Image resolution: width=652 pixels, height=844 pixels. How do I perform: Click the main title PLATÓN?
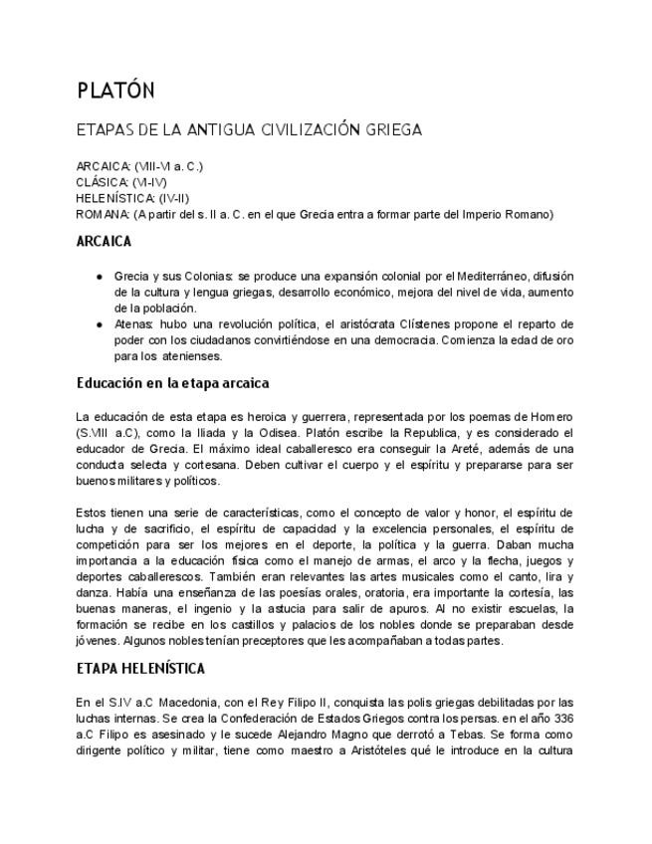(115, 91)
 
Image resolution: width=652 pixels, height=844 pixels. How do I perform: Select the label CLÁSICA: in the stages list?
(102, 182)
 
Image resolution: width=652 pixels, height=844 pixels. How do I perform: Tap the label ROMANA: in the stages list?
(103, 214)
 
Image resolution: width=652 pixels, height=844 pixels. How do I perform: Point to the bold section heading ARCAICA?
(105, 241)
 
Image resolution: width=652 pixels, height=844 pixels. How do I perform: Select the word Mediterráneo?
(468, 276)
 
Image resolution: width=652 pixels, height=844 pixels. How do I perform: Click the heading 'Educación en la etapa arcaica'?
(172, 383)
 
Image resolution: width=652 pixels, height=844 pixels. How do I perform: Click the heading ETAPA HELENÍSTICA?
(140, 669)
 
